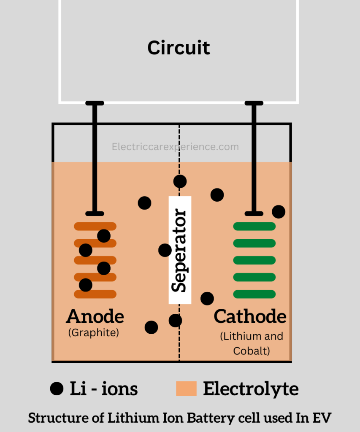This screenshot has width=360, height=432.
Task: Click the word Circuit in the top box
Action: point(179,48)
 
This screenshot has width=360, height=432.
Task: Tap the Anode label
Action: point(95,316)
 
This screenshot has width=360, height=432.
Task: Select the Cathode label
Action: point(250,316)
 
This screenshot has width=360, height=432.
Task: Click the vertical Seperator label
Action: point(180,250)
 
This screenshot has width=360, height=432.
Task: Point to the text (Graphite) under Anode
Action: point(94,332)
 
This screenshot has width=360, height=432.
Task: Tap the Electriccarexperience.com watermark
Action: point(175,147)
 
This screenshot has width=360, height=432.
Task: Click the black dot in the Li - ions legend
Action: point(57,388)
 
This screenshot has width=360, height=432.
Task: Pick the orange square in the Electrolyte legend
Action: point(186,389)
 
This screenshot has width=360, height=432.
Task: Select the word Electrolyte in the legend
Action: point(251,389)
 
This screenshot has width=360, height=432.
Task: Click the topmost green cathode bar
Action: point(254,227)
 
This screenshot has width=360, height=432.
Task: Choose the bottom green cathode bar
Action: point(254,294)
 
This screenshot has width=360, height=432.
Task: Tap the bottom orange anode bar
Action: point(95,294)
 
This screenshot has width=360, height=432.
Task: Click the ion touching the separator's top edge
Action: point(180,181)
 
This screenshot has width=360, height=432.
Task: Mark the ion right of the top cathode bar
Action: point(279,211)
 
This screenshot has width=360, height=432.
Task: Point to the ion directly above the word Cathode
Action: point(207,299)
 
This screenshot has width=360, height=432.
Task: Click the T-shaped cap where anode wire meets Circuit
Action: point(95,103)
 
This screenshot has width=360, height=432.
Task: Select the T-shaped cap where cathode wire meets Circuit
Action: point(254,103)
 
